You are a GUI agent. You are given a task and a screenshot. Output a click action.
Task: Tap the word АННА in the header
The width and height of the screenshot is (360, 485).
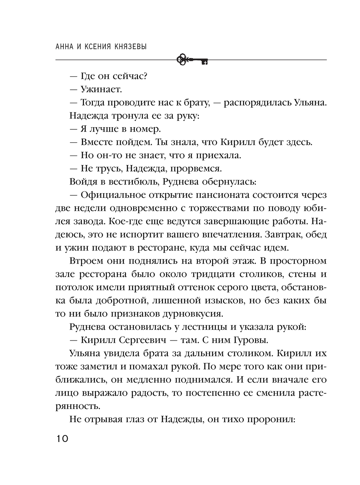(x=66, y=47)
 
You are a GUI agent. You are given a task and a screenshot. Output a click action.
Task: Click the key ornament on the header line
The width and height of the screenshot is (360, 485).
(x=193, y=60)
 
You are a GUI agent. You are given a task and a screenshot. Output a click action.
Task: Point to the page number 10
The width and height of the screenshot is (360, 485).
(x=62, y=439)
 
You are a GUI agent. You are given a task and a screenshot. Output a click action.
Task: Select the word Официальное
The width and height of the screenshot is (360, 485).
(x=112, y=195)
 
